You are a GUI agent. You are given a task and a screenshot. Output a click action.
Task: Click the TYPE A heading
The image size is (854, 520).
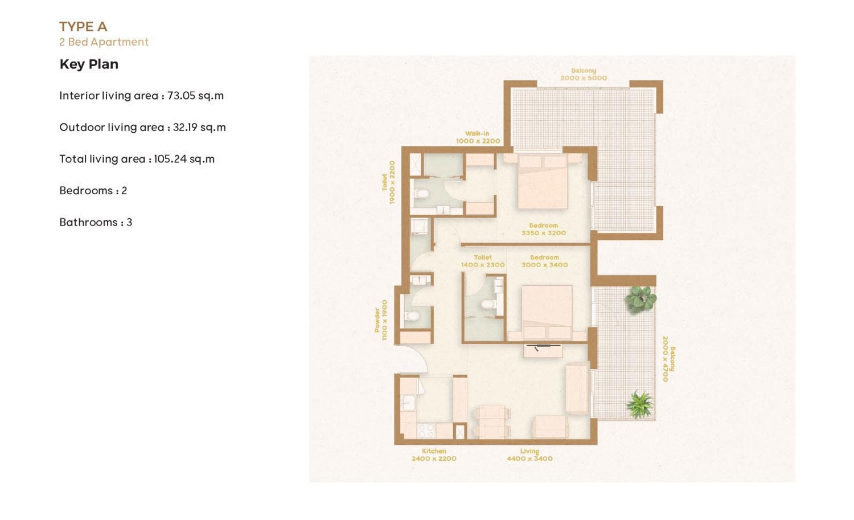point(83,27)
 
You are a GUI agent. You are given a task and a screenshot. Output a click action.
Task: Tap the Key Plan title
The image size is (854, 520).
point(89,64)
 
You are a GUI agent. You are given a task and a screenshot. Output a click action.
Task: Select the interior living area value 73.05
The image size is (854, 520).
point(181,96)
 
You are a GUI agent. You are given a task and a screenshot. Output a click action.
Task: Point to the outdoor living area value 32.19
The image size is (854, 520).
point(187,128)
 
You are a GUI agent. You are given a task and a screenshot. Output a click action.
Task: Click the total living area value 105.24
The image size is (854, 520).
point(170,159)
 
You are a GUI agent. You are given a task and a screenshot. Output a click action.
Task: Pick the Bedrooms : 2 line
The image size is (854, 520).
point(93,191)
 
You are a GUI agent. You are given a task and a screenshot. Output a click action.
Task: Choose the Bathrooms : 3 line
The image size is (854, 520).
point(96,222)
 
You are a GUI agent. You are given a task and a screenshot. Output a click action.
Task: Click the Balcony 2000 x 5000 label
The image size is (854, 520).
point(584,75)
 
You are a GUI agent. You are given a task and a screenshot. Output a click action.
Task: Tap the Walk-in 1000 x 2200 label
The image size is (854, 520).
point(478,137)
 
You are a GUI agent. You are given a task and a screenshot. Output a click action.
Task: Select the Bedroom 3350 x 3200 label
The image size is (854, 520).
point(543,230)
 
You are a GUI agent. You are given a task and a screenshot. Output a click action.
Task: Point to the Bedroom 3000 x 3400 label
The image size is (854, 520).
point(544,261)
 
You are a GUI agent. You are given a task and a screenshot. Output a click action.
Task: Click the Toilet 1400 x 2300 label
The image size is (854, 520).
point(483,261)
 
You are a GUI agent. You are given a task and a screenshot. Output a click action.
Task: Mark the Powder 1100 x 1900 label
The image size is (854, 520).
point(381,320)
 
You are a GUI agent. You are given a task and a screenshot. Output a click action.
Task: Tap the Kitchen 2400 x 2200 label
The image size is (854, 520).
point(434,455)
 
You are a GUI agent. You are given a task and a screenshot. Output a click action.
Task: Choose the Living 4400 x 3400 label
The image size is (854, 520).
point(529,455)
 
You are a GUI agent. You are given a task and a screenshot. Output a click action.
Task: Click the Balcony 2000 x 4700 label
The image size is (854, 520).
point(668,359)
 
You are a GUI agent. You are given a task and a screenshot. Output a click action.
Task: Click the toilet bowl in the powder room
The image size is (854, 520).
point(412,316)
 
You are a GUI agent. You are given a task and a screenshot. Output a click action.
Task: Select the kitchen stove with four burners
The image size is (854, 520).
point(426,431)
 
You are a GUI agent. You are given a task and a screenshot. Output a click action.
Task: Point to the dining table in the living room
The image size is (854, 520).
point(491,421)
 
